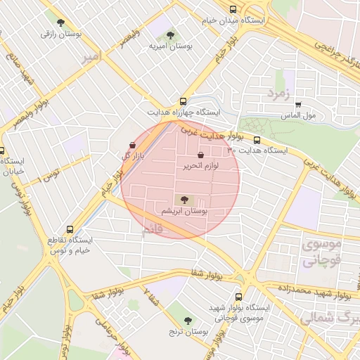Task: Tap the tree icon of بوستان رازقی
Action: pos(60,22)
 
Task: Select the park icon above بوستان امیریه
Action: pos(171,35)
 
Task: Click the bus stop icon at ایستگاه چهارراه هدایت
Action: pos(184,101)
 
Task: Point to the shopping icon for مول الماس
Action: pos(299,103)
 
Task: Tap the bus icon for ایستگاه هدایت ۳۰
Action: pos(257,140)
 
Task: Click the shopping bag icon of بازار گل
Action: pos(133,145)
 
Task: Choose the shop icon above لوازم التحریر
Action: pos(201,155)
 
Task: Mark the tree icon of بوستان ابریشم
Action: pos(184,200)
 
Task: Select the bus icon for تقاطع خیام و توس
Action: pos(69,229)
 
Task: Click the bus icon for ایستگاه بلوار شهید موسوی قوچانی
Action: pos(238,297)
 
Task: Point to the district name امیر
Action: pos(91,55)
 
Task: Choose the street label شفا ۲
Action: pos(150,298)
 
